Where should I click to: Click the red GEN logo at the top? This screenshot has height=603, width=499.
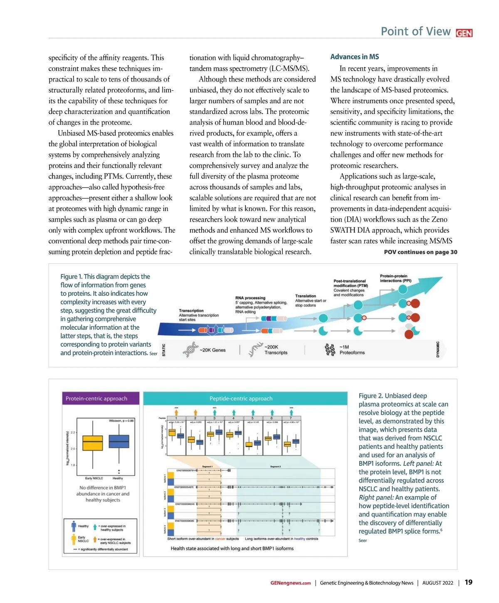[x=464, y=33]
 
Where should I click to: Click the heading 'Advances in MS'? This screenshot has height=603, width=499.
[x=354, y=57]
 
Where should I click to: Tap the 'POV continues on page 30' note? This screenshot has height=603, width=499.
[x=420, y=252]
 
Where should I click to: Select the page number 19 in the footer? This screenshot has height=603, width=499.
[x=468, y=582]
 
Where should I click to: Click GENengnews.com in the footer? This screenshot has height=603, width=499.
[x=290, y=583]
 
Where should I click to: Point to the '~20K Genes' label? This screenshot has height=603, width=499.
[x=212, y=350]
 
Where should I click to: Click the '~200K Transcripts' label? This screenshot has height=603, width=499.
[x=276, y=350]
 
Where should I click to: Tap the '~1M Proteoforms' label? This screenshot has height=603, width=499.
[x=352, y=350]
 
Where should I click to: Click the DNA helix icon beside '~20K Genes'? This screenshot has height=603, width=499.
[x=190, y=350]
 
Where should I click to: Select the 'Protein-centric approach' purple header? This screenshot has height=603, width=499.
[x=96, y=398]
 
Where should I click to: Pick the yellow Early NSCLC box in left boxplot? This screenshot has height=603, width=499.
[x=92, y=442]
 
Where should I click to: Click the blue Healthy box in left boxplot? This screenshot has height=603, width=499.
[x=119, y=441]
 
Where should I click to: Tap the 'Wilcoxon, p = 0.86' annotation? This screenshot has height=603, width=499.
[x=121, y=421]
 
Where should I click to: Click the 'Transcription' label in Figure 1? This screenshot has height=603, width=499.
[x=191, y=311]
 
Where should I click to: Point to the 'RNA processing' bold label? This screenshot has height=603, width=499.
[x=250, y=298]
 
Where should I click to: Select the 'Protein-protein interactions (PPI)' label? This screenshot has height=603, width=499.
[x=395, y=278]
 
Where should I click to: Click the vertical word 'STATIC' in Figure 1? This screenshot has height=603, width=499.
[x=163, y=350]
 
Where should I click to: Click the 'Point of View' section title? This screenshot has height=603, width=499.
[x=415, y=32]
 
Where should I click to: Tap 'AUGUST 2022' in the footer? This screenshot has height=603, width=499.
[x=437, y=583]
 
